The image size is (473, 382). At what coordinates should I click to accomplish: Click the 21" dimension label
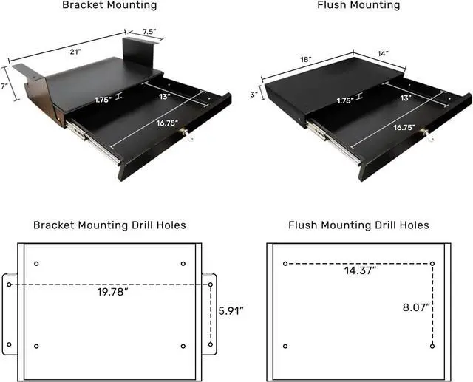point(75,52)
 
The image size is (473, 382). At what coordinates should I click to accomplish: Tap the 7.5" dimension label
point(149,31)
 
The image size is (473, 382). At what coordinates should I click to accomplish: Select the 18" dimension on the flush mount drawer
point(305,59)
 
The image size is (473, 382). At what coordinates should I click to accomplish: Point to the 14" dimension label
point(383,54)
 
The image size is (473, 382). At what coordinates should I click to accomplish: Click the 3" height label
point(254,95)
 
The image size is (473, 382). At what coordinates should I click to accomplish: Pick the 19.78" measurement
point(112,292)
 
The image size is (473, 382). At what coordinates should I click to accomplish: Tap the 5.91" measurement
point(231,310)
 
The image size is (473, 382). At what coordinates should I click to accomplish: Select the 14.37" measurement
point(360,270)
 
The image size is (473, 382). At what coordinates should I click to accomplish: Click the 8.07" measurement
point(416,307)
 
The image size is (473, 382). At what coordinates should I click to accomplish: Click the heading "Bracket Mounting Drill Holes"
point(109,225)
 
